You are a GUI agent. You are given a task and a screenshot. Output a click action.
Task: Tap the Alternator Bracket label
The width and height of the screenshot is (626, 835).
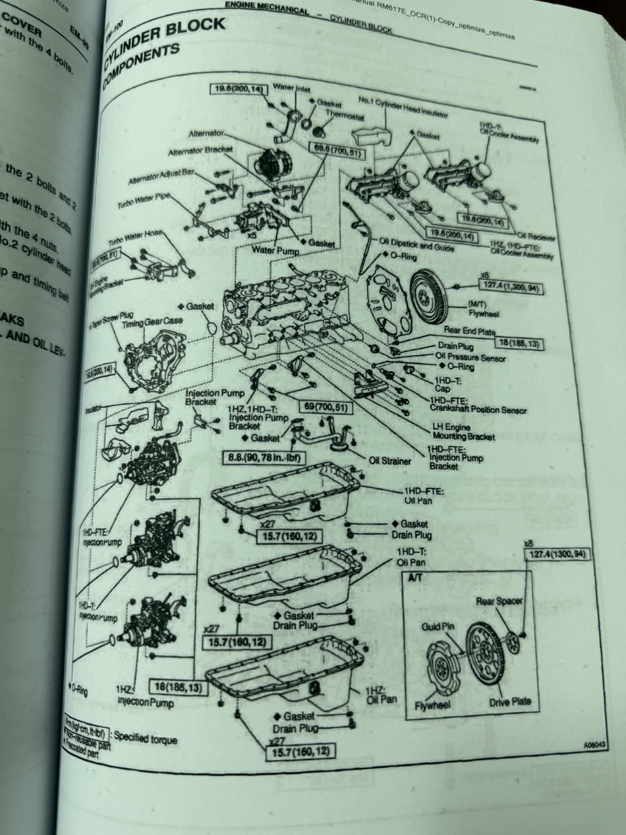click(x=200, y=151)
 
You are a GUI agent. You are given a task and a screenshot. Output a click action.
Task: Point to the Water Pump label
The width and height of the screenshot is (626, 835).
click(x=275, y=250)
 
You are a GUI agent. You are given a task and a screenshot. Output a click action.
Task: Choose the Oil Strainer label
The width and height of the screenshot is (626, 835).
click(x=390, y=460)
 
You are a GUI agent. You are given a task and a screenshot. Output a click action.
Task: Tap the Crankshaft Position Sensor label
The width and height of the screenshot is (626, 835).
click(x=478, y=410)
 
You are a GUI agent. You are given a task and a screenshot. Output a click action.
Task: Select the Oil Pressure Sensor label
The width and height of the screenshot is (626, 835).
click(x=470, y=357)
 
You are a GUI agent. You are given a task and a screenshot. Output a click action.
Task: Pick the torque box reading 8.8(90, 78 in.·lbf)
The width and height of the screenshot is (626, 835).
click(x=264, y=457)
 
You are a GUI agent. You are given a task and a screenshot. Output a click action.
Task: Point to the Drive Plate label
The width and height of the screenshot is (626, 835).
click(x=510, y=701)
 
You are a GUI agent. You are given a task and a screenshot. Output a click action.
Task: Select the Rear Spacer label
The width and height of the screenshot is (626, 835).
click(x=499, y=601)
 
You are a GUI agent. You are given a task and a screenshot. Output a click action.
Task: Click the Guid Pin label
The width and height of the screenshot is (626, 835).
click(x=438, y=626)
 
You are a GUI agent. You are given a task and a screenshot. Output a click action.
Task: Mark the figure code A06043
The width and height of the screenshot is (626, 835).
click(x=594, y=744)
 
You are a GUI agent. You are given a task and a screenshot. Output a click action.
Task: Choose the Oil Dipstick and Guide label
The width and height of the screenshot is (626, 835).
click(x=416, y=245)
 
